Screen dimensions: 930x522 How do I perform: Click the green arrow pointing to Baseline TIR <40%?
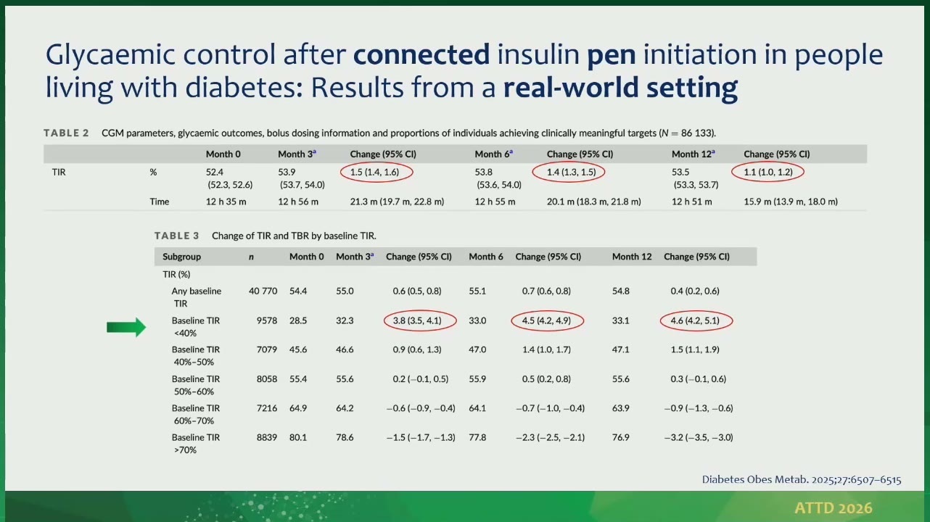(x=126, y=328)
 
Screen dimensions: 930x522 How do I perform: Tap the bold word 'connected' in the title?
(x=421, y=54)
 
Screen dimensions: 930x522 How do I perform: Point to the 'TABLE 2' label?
(x=67, y=133)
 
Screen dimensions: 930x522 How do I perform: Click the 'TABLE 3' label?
(x=177, y=236)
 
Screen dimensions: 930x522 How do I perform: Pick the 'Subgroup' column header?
(x=182, y=257)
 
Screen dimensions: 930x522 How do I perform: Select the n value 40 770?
(x=263, y=291)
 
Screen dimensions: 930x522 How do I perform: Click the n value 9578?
(x=266, y=320)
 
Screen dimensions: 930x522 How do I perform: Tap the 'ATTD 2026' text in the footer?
(x=834, y=508)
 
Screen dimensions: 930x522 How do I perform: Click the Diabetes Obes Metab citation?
(x=802, y=480)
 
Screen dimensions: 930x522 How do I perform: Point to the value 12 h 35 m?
(x=226, y=202)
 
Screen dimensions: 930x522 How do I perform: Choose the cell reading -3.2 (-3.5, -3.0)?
(x=699, y=437)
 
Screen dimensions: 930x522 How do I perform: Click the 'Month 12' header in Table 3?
(x=632, y=257)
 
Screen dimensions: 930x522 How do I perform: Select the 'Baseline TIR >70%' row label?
(x=196, y=444)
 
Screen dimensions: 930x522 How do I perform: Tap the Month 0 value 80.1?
(x=298, y=437)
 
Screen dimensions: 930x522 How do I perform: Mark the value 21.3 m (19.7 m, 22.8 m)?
(x=397, y=202)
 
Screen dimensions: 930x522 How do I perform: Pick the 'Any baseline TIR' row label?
(x=197, y=297)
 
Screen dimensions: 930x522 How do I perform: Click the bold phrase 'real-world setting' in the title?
(x=620, y=88)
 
